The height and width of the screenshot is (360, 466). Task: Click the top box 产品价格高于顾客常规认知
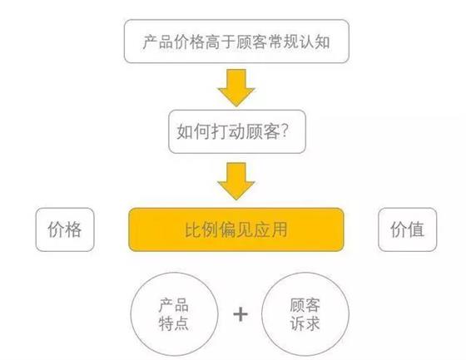[236, 42]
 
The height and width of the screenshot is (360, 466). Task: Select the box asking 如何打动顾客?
[237, 131]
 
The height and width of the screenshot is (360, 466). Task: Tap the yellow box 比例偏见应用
[236, 229]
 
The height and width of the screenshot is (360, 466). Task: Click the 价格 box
[65, 229]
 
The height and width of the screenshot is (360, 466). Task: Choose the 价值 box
[407, 229]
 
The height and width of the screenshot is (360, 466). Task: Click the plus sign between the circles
[240, 314]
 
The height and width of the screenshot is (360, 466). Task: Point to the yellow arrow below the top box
[236, 87]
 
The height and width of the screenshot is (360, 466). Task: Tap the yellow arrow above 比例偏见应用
[236, 181]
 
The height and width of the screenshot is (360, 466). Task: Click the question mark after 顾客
[284, 131]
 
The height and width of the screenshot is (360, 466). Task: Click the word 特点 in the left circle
[174, 323]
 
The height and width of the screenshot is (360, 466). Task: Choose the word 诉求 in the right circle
[305, 323]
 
